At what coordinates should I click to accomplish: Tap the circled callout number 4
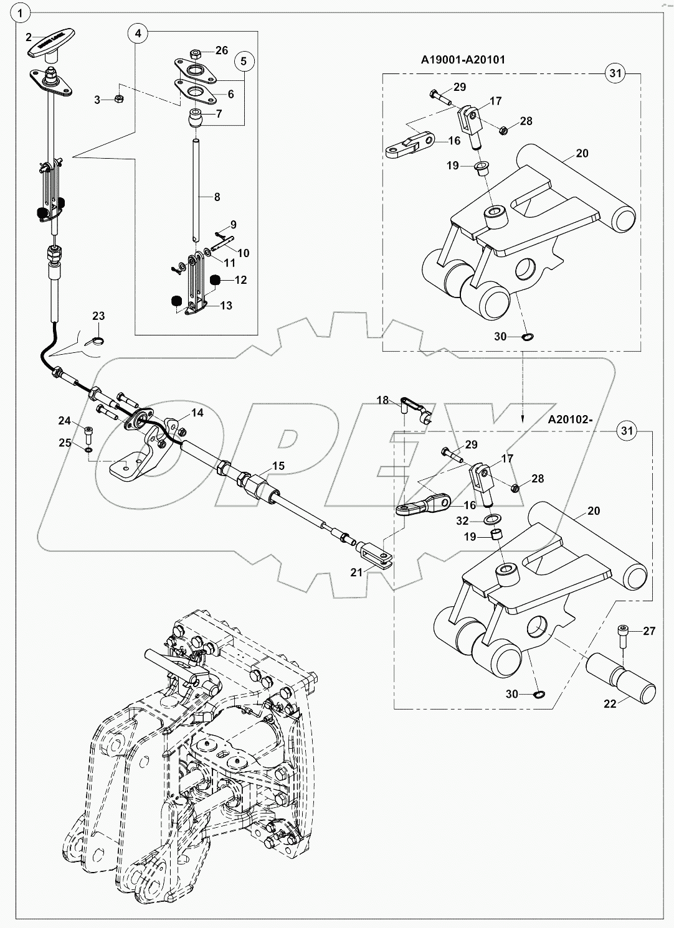(139, 33)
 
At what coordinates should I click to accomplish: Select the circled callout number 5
(244, 61)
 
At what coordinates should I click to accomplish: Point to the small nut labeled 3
(120, 99)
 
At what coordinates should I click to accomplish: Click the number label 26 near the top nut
(222, 50)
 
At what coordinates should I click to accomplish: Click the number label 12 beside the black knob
(240, 280)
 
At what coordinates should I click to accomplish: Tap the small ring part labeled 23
(97, 340)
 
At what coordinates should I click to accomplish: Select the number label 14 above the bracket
(197, 413)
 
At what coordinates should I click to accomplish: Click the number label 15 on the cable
(278, 466)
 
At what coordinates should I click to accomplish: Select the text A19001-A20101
(463, 60)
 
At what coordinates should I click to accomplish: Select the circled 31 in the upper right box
(614, 73)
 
